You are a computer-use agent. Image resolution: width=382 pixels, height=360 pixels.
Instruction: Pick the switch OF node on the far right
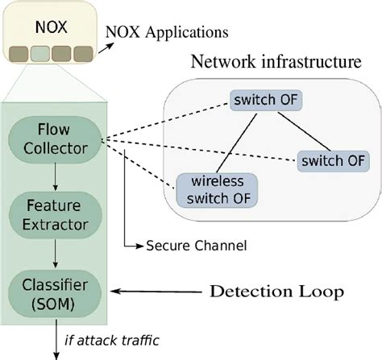333,159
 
